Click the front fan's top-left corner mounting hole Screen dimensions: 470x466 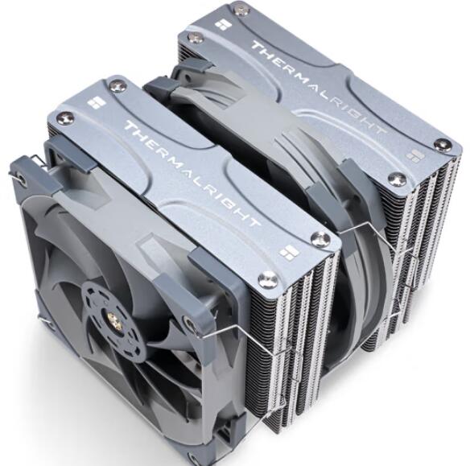tap(22, 176)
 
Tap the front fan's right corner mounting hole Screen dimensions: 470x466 tap(188, 324)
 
